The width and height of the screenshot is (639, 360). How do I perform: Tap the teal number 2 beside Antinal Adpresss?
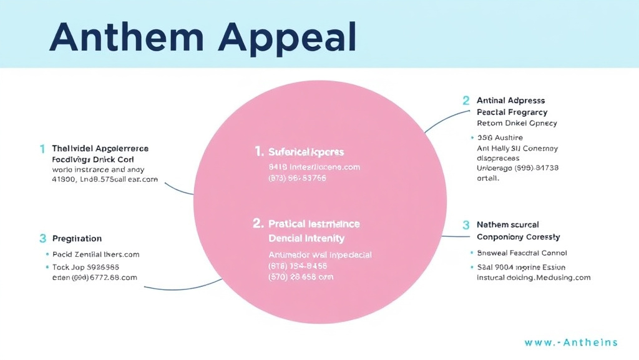(x=466, y=100)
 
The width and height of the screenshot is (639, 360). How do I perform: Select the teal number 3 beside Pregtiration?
(x=42, y=238)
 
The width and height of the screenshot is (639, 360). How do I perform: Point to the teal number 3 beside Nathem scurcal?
(x=466, y=225)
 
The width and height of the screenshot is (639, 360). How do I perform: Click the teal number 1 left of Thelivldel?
(x=42, y=149)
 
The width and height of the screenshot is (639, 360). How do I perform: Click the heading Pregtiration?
(x=77, y=239)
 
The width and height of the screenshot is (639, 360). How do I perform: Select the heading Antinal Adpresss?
(x=510, y=100)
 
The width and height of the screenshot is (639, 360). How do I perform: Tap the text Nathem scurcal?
(x=507, y=224)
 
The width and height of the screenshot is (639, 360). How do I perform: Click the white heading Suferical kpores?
(x=306, y=152)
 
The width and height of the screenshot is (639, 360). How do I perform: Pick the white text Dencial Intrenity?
(x=306, y=238)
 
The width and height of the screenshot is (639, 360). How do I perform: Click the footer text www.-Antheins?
(x=571, y=342)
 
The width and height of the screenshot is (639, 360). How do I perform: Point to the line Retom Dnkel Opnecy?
(x=517, y=123)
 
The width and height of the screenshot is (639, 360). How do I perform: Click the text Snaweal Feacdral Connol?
(x=522, y=253)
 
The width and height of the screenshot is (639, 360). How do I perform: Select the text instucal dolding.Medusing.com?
(x=534, y=277)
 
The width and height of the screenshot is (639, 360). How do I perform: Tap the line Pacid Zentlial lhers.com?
(x=95, y=254)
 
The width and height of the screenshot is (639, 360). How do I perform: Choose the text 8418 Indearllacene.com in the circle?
(x=314, y=167)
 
